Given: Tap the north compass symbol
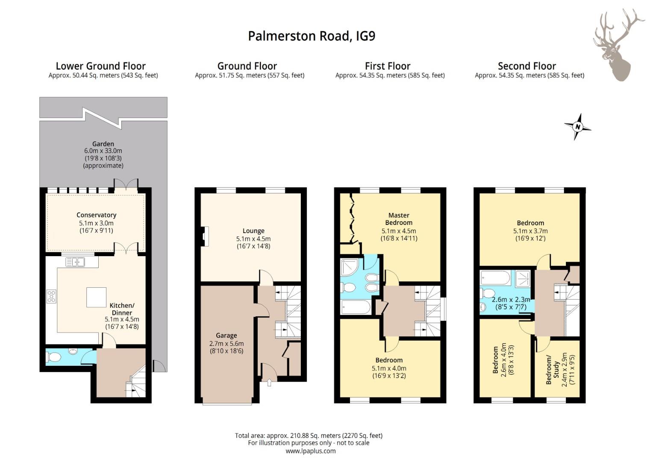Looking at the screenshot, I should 578,127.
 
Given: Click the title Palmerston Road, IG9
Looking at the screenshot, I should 312,36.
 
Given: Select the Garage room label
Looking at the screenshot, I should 226,336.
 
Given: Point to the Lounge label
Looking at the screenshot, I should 253,231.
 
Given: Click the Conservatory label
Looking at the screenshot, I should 96,215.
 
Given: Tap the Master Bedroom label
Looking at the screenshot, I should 399,219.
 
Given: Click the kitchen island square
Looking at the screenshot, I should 96,298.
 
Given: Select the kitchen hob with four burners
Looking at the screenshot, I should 51,296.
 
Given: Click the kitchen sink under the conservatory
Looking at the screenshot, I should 75,261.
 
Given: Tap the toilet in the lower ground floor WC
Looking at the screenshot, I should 54,356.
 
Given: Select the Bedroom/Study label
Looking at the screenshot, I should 552,370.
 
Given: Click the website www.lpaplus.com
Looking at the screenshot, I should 311,451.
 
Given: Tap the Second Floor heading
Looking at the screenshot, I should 527,66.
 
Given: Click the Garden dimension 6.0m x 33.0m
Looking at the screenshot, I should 103,151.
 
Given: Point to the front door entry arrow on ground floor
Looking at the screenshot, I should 269,383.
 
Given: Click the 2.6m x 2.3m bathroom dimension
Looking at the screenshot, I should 511,300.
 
